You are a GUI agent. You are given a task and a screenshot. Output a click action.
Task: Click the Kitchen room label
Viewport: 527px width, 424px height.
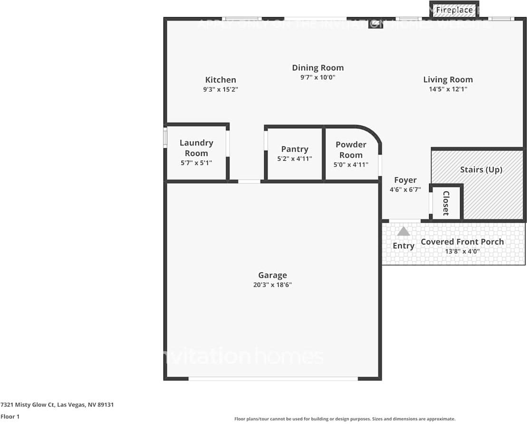pyautogui.click(x=220, y=80)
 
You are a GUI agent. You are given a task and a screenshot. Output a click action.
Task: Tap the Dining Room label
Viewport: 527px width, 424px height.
pyautogui.click(x=317, y=68)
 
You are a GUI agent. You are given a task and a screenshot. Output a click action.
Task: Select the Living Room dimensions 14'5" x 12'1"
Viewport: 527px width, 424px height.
pyautogui.click(x=448, y=89)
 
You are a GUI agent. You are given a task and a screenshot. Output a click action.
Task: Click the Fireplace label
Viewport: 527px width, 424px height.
pyautogui.click(x=454, y=10)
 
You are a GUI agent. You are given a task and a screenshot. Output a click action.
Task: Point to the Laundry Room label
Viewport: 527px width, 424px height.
pyautogui.click(x=196, y=148)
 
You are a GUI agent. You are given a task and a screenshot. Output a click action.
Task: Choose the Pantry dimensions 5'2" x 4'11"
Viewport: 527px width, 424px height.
pyautogui.click(x=295, y=159)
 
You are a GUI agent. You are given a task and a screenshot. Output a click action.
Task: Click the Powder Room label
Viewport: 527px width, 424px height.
pyautogui.click(x=351, y=150)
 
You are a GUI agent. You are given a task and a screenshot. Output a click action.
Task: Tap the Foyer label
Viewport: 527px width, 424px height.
pyautogui.click(x=405, y=180)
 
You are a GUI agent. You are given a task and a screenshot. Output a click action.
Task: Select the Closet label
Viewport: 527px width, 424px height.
pyautogui.click(x=446, y=203)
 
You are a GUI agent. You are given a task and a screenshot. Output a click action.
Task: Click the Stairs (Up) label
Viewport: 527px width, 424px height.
pyautogui.click(x=481, y=170)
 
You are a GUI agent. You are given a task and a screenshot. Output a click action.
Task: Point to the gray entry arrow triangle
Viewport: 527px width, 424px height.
pyautogui.click(x=403, y=231)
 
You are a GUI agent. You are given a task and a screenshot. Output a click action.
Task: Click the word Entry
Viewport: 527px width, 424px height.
pyautogui.click(x=403, y=246)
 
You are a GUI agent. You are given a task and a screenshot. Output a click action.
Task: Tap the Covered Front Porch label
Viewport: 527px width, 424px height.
pyautogui.click(x=462, y=241)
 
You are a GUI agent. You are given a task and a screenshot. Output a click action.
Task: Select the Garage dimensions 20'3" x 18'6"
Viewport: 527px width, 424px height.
pyautogui.click(x=272, y=285)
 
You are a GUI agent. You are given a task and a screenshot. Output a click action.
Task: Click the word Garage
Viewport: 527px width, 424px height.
pyautogui.click(x=272, y=275)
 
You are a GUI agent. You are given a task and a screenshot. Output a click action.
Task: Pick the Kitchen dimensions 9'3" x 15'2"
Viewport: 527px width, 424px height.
pyautogui.click(x=220, y=89)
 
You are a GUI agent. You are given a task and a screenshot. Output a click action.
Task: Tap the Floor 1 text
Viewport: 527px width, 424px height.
pyautogui.click(x=10, y=416)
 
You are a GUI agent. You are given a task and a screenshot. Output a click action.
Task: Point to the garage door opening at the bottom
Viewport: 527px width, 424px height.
pyautogui.click(x=273, y=378)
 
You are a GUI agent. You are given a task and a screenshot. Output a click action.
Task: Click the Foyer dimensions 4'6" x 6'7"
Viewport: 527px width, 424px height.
pyautogui.click(x=405, y=190)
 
